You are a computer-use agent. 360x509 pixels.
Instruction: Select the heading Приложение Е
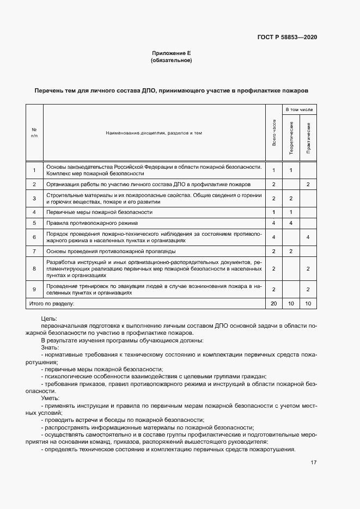[x=171, y=53]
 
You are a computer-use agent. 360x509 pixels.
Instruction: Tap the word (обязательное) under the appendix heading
[x=171, y=60]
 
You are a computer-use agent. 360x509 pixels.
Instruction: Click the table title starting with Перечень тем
[x=171, y=90]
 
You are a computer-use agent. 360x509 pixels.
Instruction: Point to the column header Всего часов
[x=274, y=132]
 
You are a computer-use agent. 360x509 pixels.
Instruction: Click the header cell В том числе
[x=300, y=109]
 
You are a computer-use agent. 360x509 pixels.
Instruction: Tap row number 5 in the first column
[x=34, y=223]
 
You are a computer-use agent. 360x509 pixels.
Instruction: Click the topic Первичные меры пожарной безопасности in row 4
[x=99, y=212]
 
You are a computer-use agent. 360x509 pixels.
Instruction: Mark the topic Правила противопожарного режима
[x=92, y=223]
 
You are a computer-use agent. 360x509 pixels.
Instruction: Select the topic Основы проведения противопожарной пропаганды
[x=111, y=252]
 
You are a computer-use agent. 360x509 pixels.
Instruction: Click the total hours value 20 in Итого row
[x=274, y=303]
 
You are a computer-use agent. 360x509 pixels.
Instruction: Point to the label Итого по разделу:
[x=52, y=303]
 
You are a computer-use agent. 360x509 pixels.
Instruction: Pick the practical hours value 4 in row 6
[x=308, y=237]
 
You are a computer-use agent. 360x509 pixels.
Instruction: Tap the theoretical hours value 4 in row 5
[x=291, y=223]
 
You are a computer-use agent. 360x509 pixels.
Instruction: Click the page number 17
[x=314, y=463]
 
